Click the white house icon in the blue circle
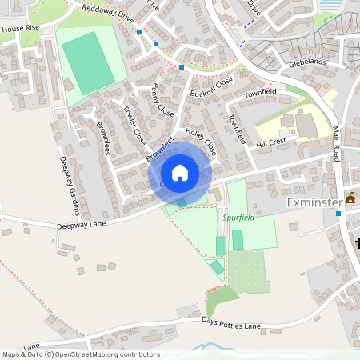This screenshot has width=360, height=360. [179, 172]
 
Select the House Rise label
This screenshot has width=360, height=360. [20, 28]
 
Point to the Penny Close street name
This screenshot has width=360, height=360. [162, 99]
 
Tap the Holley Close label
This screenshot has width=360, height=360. [201, 141]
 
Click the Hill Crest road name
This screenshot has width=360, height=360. [271, 142]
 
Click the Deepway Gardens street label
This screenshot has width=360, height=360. [69, 183]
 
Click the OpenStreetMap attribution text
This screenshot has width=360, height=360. [81, 354]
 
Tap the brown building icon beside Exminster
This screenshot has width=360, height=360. [350, 198]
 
